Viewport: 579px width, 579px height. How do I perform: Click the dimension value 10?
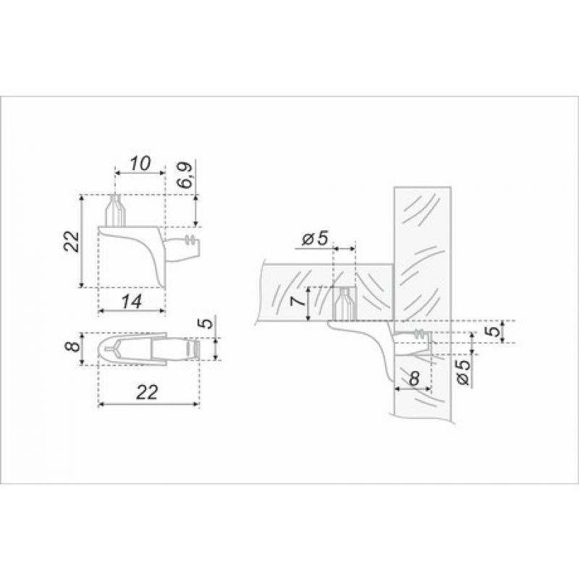[x=140, y=164]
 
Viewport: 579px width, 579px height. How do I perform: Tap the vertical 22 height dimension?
[x=71, y=241]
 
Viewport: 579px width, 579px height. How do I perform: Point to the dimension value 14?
[x=132, y=302]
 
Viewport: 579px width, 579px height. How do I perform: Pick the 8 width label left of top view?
[x=75, y=347]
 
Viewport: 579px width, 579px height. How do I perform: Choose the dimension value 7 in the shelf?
[x=299, y=301]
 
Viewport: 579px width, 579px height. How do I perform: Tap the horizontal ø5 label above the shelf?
[x=315, y=239]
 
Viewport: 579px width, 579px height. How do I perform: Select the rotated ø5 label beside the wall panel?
[x=464, y=372]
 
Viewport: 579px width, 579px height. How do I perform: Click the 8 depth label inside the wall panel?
[x=415, y=379]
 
